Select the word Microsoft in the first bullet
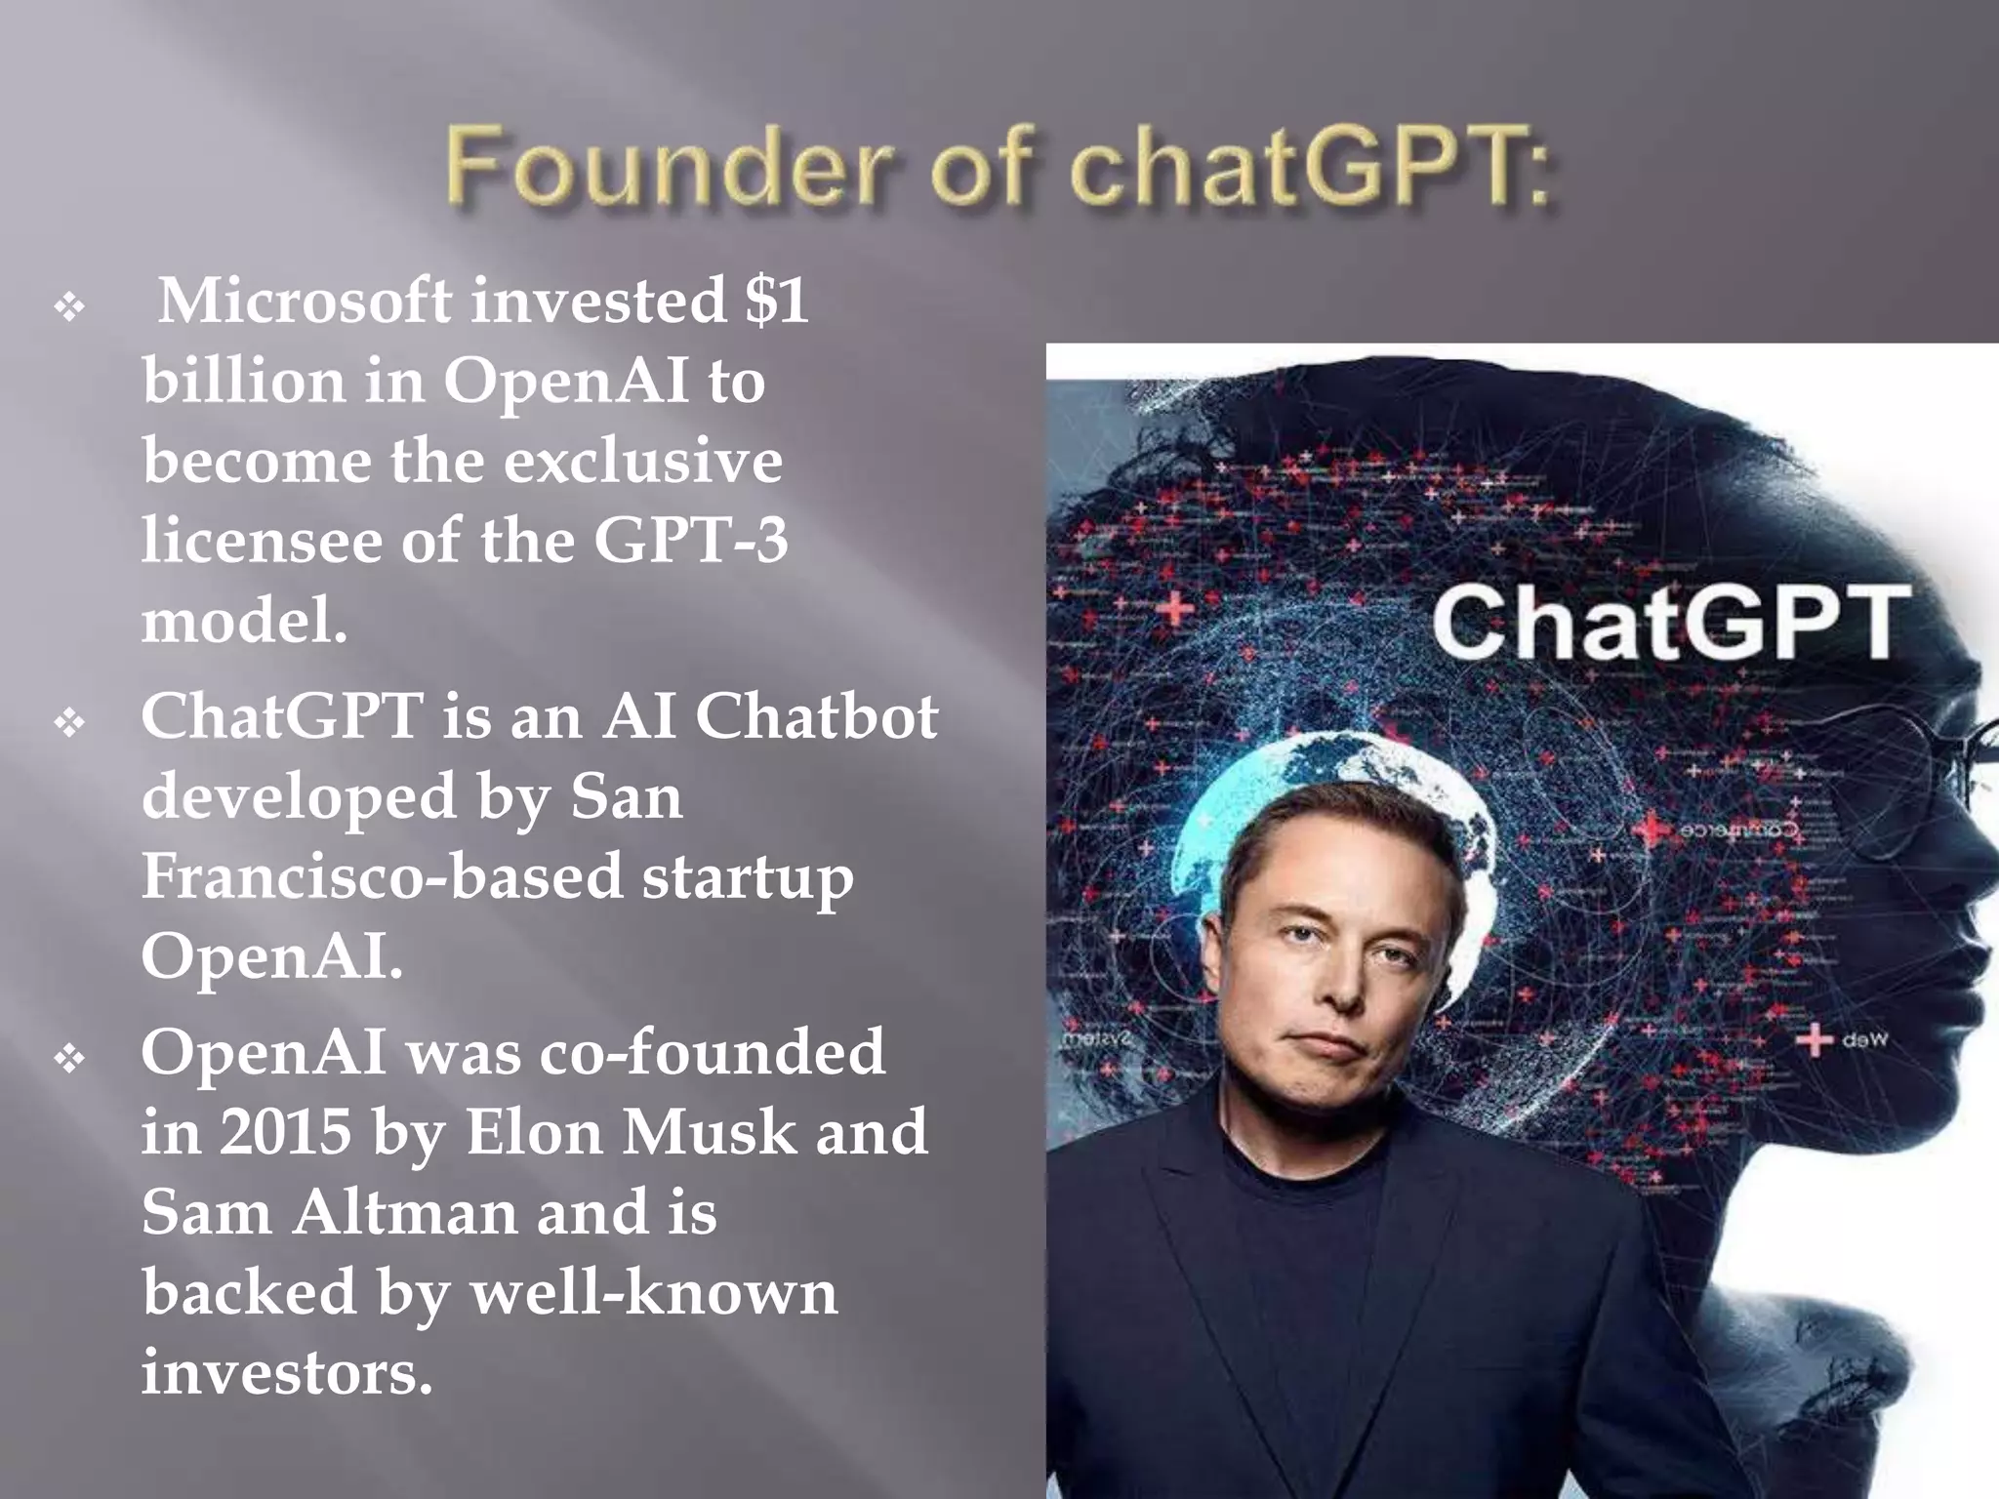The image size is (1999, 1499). click(305, 301)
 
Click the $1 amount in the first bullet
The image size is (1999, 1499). click(776, 301)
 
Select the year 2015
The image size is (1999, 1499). click(285, 1133)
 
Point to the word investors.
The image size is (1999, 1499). click(286, 1373)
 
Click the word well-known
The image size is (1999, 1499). click(654, 1293)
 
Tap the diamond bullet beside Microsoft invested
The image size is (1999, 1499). click(70, 309)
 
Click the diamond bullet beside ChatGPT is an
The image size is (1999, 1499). click(70, 724)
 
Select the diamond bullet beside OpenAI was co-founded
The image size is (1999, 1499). click(70, 1060)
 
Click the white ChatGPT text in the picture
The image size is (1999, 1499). click(1670, 622)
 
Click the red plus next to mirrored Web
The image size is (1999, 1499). click(1814, 1039)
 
